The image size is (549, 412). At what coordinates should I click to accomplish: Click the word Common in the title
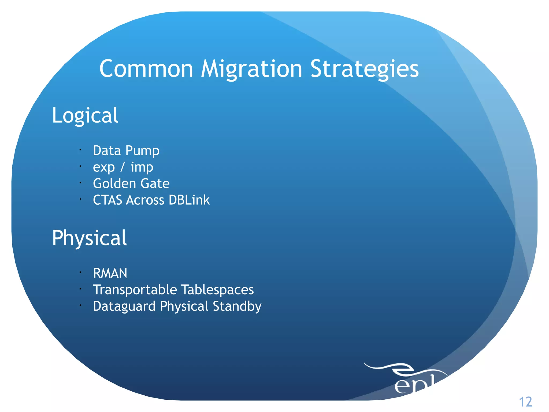point(146,69)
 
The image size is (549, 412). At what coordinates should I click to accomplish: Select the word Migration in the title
point(252,69)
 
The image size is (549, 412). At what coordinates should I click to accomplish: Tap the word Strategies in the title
point(364,69)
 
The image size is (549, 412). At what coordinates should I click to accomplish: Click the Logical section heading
point(85,115)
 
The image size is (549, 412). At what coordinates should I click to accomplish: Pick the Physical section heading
point(89,238)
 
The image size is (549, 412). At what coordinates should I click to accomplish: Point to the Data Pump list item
point(126,150)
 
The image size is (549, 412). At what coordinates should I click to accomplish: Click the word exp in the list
point(104,167)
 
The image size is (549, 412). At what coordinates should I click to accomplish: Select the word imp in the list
point(142,167)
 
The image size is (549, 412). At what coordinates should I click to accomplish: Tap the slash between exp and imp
point(123,167)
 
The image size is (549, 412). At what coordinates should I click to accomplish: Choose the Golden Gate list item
point(131,184)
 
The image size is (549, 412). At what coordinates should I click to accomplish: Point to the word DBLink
point(189,200)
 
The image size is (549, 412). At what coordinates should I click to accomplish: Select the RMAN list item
point(110,273)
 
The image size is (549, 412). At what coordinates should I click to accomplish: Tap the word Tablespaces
point(217,290)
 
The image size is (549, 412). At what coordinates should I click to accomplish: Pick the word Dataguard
point(124,306)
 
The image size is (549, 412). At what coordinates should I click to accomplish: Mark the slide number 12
point(525,402)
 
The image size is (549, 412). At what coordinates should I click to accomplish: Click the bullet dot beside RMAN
point(80,273)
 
